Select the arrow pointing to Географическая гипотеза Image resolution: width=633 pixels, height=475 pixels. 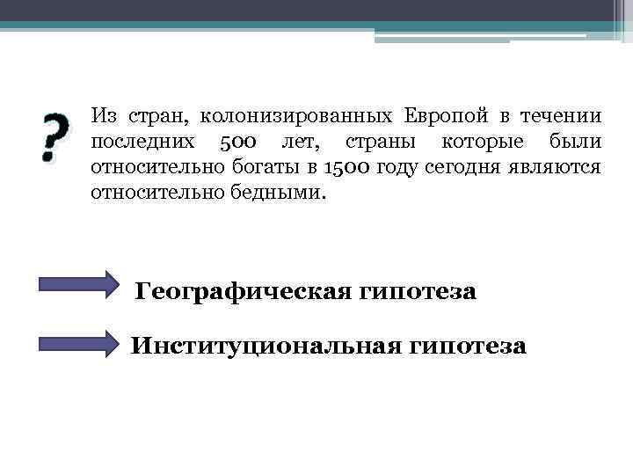click(x=79, y=287)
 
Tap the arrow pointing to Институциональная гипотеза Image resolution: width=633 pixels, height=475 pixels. click(x=79, y=342)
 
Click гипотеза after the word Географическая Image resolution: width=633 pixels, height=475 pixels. click(x=418, y=290)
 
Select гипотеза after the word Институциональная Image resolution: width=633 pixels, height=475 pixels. click(x=468, y=346)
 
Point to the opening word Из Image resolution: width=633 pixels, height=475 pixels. click(x=103, y=116)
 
